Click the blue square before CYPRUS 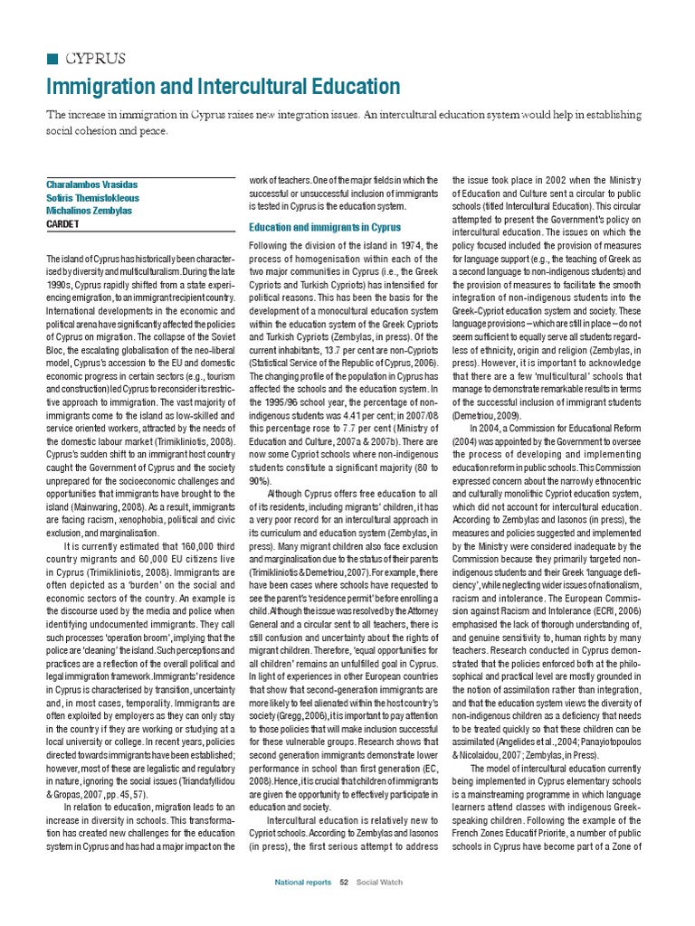[x=51, y=59]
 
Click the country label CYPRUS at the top [x=96, y=59]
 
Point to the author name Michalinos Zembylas [x=91, y=211]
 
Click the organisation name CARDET [x=64, y=225]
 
